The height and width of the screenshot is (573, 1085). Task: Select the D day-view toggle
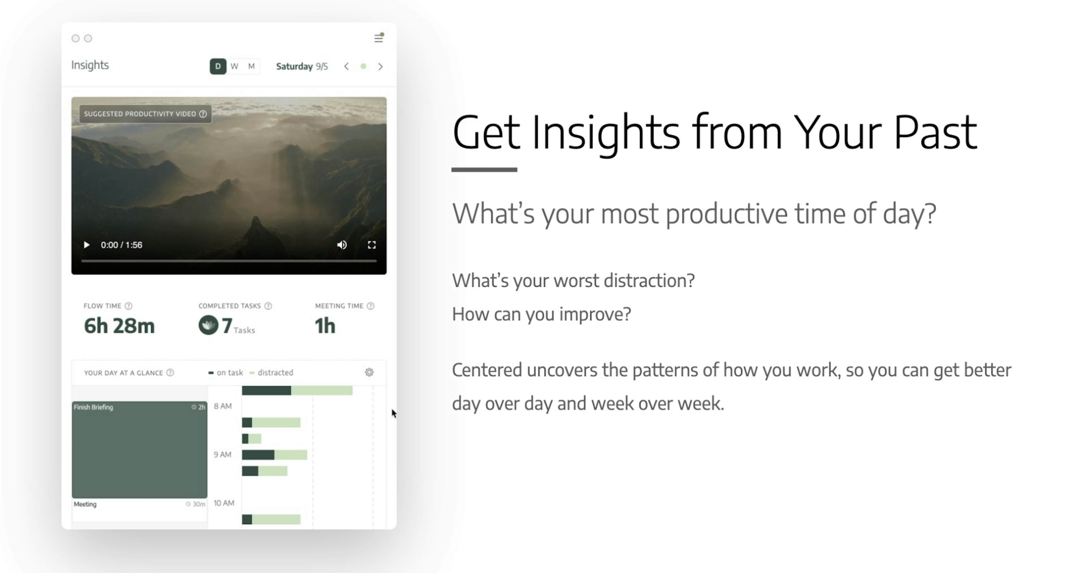click(x=218, y=66)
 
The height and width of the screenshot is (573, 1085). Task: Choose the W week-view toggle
click(x=235, y=66)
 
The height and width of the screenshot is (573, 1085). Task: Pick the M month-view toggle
click(x=251, y=66)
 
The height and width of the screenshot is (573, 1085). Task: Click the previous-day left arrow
click(x=346, y=66)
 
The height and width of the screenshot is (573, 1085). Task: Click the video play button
click(x=86, y=245)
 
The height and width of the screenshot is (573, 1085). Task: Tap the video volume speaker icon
click(x=342, y=245)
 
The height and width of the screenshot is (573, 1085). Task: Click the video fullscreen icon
click(x=372, y=245)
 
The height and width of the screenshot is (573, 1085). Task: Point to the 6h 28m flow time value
click(x=119, y=326)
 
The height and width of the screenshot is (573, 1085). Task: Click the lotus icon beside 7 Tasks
click(x=208, y=325)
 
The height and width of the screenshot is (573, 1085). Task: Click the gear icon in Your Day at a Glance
click(x=369, y=372)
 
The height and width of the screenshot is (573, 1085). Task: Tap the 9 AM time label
click(x=222, y=455)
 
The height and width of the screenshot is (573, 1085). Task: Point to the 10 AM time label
click(x=224, y=503)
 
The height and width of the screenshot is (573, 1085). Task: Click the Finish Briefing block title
click(x=94, y=407)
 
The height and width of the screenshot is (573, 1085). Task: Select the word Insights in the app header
click(x=90, y=65)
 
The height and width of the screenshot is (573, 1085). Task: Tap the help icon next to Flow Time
click(x=129, y=306)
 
